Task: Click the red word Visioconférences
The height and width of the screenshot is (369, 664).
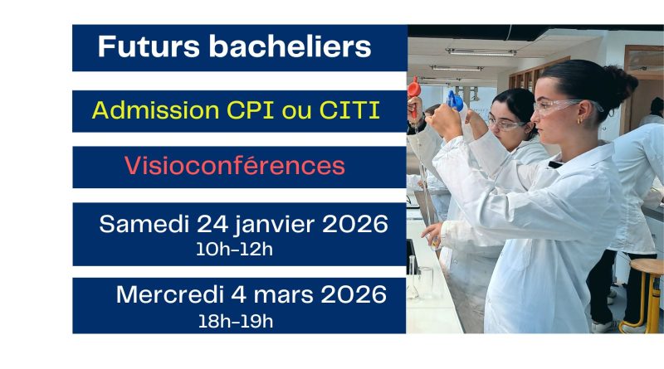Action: (234, 166)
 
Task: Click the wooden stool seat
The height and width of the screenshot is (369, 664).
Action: (646, 266)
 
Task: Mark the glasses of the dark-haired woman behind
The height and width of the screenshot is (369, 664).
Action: (505, 124)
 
